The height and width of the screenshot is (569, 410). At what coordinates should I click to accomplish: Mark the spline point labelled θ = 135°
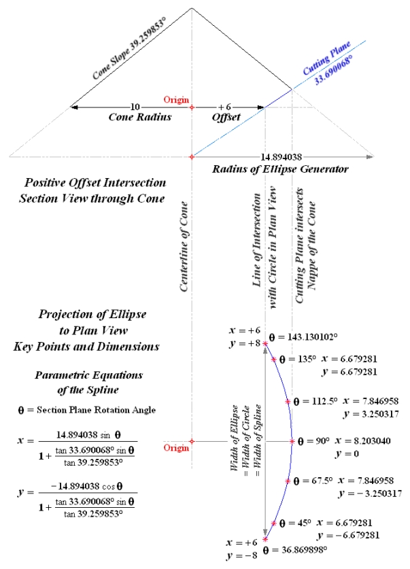[273, 359]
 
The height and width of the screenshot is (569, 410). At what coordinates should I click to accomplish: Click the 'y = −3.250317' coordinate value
[371, 493]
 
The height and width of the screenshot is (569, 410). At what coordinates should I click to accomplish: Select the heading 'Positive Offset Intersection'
[95, 184]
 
